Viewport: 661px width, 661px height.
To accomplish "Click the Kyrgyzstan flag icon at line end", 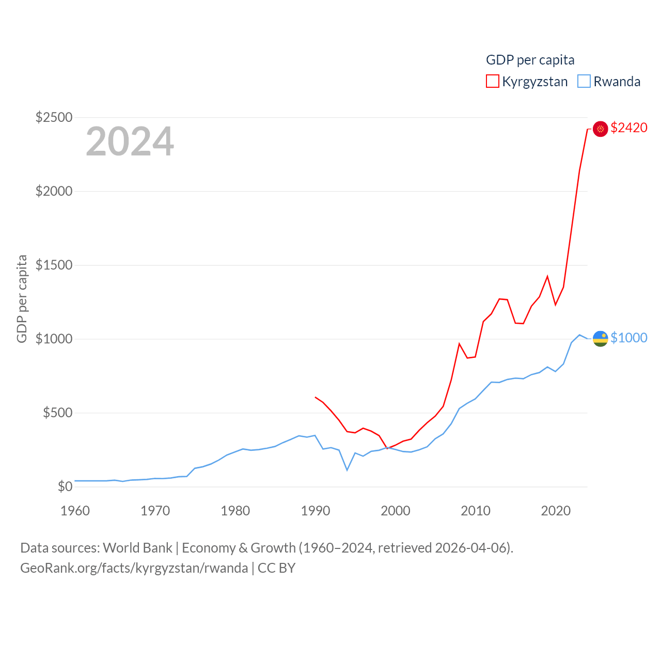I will point(600,129).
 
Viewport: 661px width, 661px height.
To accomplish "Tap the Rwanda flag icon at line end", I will point(600,339).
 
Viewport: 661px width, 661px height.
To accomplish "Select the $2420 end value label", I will point(628,128).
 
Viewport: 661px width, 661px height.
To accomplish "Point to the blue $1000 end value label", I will point(628,338).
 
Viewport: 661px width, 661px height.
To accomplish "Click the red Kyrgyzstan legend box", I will point(493,81).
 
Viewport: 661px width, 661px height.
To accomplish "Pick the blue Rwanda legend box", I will point(584,81).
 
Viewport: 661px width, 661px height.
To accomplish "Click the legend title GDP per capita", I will point(530,60).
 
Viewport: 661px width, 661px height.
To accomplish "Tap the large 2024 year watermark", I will point(130,141).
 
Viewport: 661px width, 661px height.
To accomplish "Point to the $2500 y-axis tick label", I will point(54,117).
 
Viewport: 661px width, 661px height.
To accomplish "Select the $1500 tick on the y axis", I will point(54,265).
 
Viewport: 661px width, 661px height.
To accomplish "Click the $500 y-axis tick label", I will point(57,413).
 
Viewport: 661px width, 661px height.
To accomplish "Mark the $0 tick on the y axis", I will point(65,486).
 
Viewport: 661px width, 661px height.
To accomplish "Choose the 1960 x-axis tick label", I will point(75,511).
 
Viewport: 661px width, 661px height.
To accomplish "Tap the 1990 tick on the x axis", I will point(315,511).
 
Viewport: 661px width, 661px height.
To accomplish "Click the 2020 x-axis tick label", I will point(556,511).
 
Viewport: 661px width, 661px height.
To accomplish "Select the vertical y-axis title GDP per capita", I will point(22,298).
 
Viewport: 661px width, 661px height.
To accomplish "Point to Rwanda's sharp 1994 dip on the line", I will point(347,469).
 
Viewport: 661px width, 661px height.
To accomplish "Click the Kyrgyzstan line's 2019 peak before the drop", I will point(547,276).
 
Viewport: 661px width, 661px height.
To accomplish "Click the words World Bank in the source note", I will point(137,547).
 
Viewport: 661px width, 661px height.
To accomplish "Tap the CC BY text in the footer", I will point(276,568).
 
